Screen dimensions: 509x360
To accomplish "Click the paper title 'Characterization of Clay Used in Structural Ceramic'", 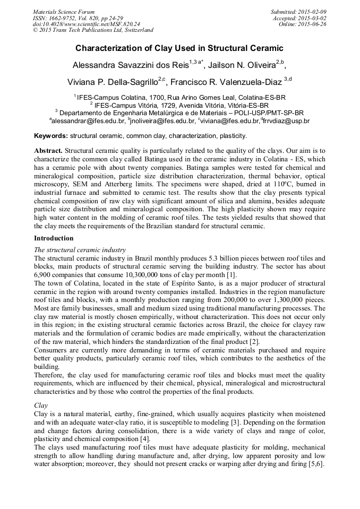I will click(x=179, y=48).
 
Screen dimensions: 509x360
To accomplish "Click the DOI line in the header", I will click(x=86, y=24).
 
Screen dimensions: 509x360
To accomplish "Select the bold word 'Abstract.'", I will click(x=48, y=151).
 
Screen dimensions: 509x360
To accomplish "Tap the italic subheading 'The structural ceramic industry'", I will click(x=80, y=249).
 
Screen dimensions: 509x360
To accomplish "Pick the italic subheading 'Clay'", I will click(x=41, y=404).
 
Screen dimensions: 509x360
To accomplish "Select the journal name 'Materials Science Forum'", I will click(x=64, y=12).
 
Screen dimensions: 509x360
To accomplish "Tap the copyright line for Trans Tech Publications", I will click(x=93, y=31).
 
